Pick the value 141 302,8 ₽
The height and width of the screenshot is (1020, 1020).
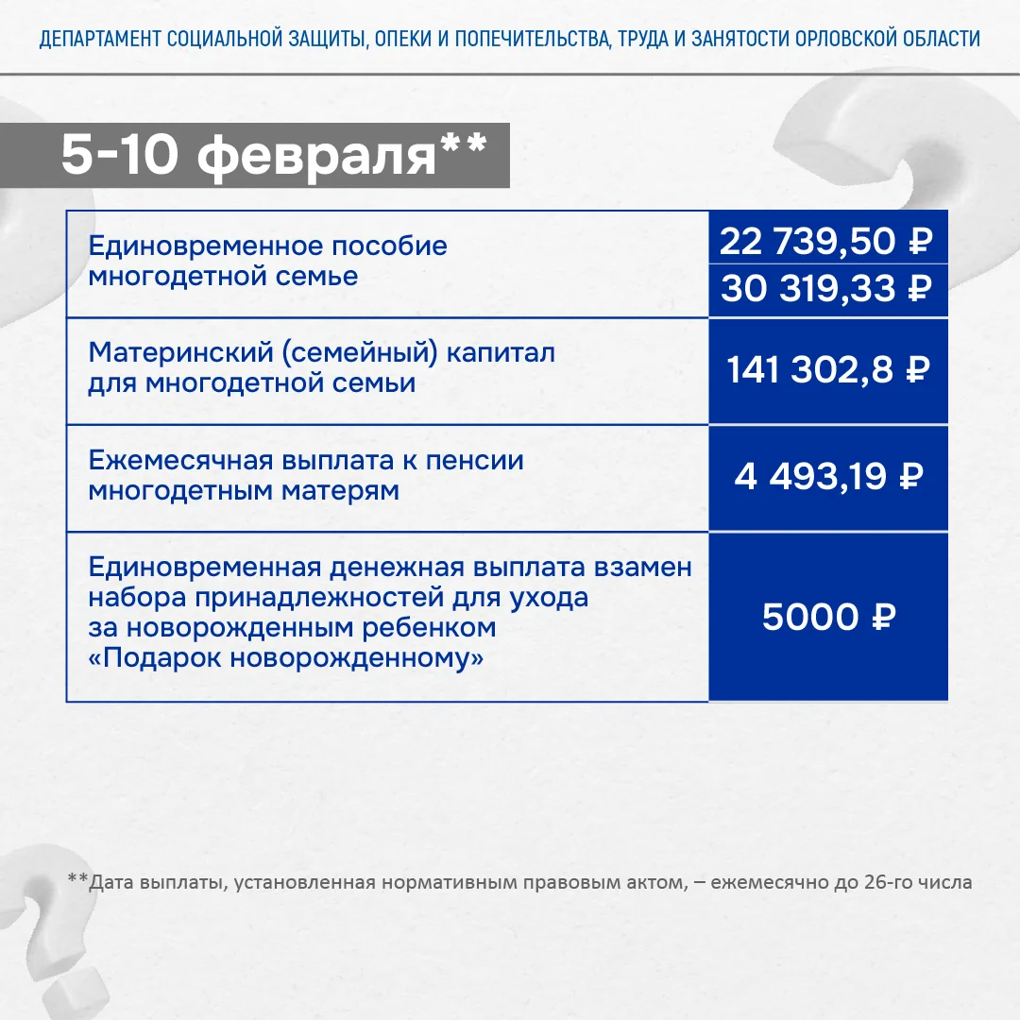click(x=827, y=370)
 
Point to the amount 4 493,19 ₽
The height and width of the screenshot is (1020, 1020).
click(x=827, y=477)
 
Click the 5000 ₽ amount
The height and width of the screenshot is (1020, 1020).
click(x=827, y=618)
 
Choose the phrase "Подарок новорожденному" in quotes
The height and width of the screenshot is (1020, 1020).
click(x=285, y=657)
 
